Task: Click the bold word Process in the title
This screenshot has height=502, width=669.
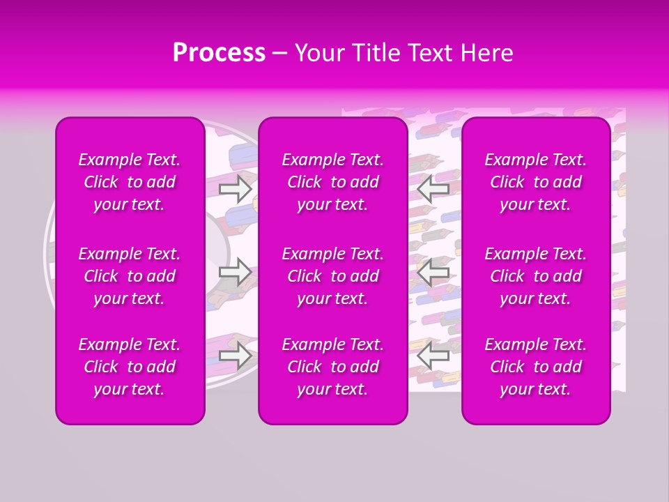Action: point(219,53)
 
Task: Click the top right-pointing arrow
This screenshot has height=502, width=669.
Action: point(235,188)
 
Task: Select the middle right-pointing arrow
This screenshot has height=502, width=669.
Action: point(235,272)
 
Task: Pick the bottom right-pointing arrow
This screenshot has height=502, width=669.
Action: point(235,356)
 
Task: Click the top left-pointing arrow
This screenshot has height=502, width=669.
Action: point(433,188)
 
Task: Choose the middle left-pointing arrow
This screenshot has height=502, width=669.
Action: point(433,272)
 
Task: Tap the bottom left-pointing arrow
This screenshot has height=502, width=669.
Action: point(433,356)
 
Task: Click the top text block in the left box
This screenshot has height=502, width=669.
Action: point(130,182)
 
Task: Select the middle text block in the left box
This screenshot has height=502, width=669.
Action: point(130,276)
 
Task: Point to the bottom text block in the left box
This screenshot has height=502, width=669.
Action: point(130,367)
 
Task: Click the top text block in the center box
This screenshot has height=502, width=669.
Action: point(333,182)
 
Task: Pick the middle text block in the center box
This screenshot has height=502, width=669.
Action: point(333,276)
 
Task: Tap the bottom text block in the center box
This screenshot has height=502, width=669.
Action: point(333,367)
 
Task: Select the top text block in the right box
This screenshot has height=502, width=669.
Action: point(536,182)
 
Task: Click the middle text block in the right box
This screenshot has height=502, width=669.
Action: point(536,276)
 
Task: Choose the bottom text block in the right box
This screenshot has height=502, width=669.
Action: point(536,367)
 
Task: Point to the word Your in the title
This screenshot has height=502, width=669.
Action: point(318,53)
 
